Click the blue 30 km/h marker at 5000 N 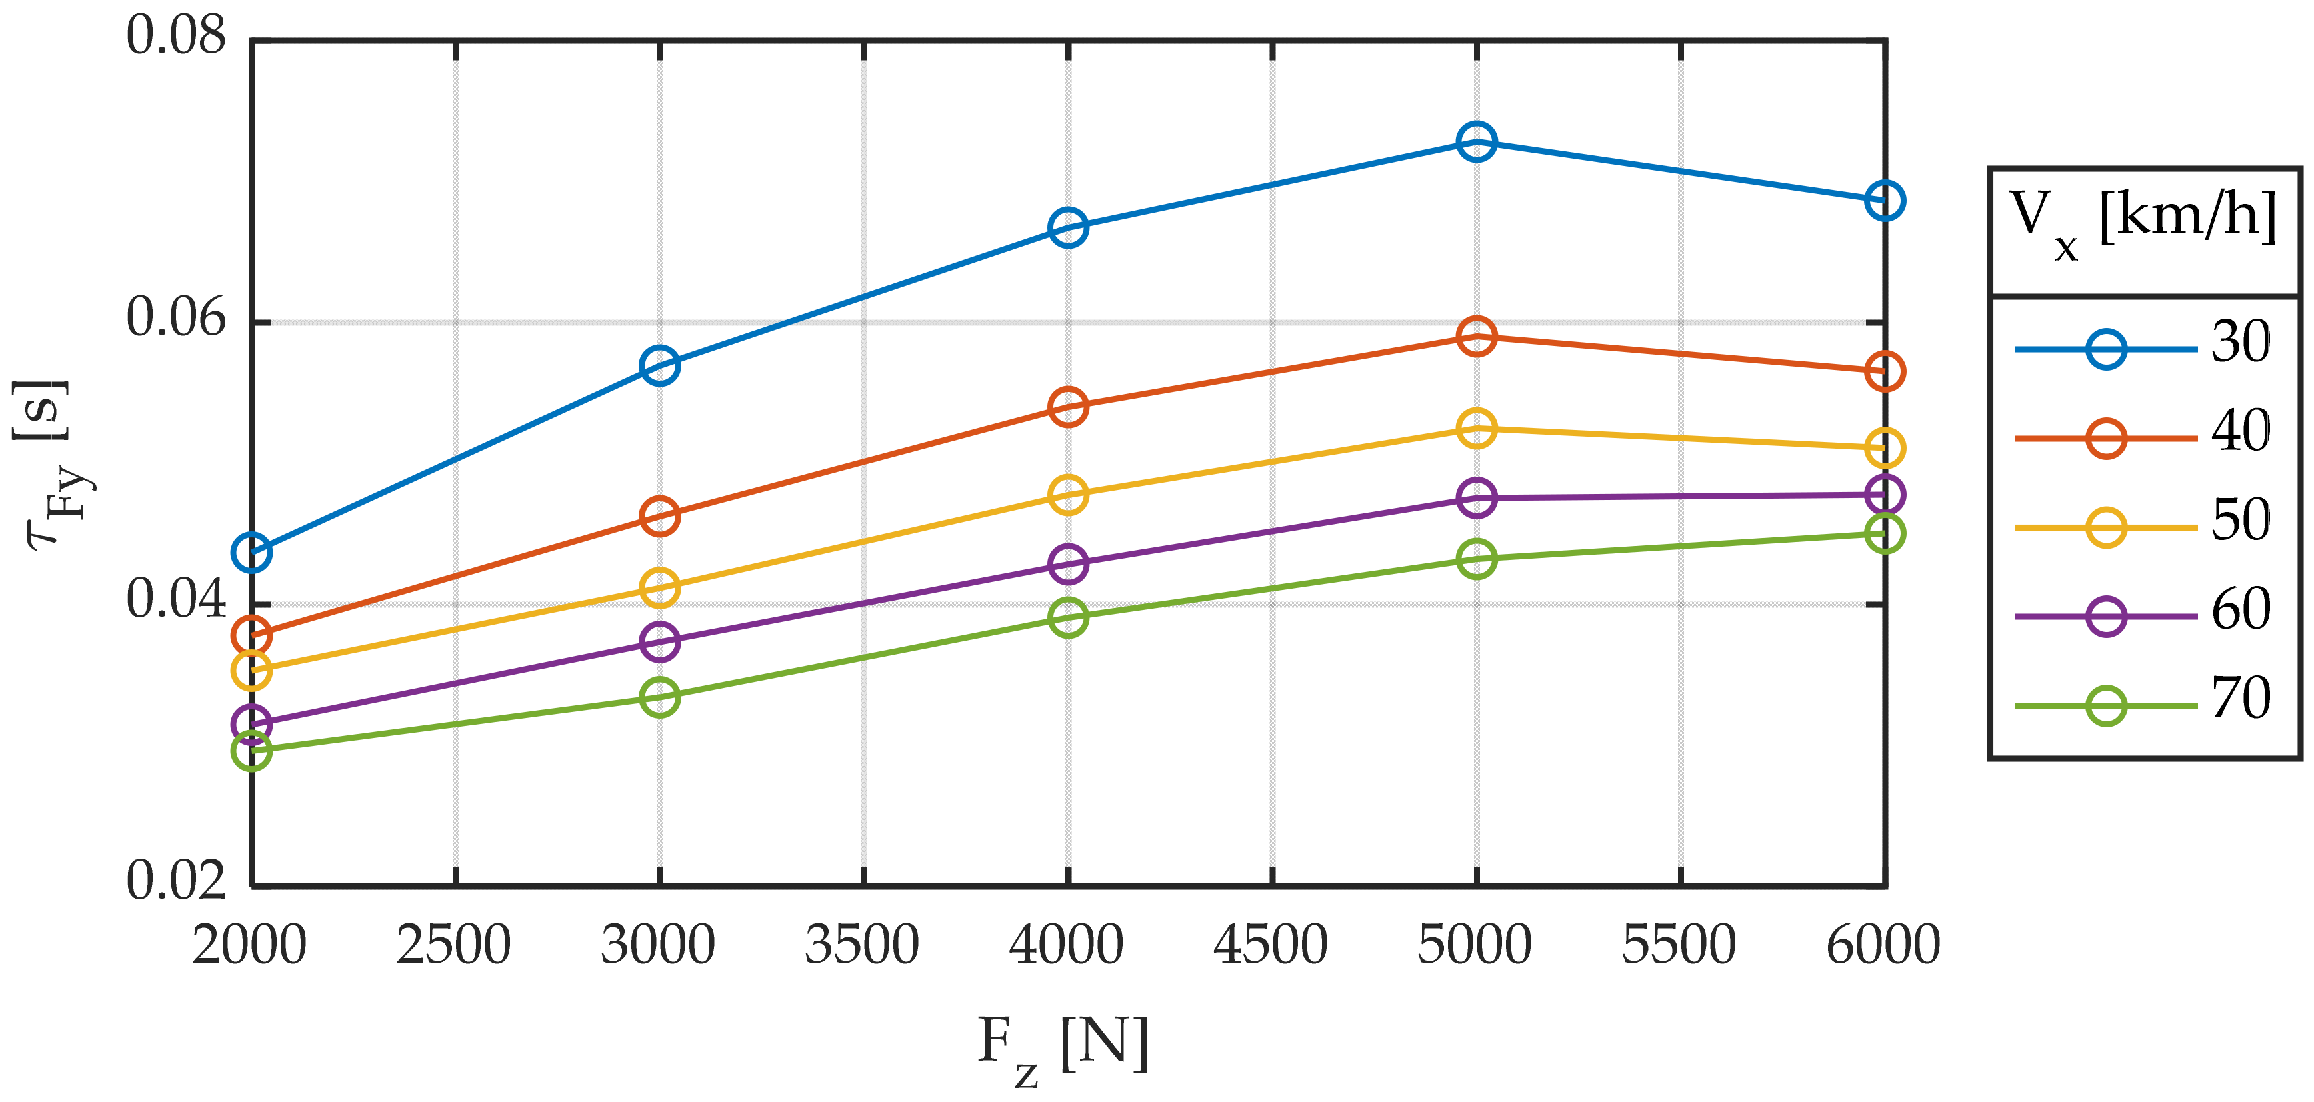pos(1476,141)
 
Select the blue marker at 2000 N pos(251,553)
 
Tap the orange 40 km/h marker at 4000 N pos(1068,407)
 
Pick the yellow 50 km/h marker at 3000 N pos(659,588)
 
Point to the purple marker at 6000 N pos(1884,495)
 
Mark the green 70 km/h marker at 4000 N pos(1068,617)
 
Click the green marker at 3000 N pos(659,697)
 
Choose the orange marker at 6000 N pos(1884,371)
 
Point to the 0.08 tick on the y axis pos(175,38)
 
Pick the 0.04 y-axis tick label pos(175,600)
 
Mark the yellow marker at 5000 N pos(1476,429)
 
